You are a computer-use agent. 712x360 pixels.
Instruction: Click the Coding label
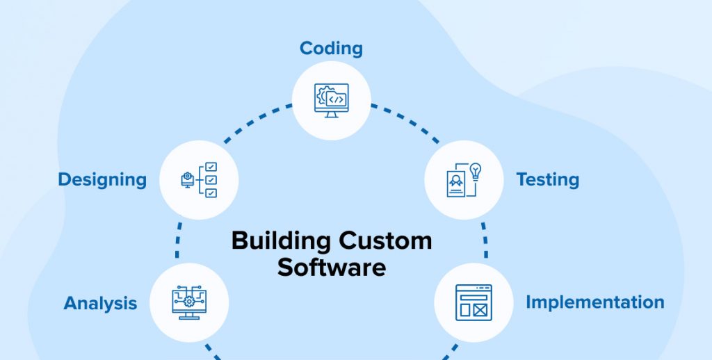pos(331,49)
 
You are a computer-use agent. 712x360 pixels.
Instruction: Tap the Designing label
pos(102,180)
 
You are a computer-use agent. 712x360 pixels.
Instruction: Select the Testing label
pos(547,180)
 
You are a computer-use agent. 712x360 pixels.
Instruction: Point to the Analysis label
pos(100,303)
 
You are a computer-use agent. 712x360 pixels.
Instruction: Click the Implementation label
pos(594,302)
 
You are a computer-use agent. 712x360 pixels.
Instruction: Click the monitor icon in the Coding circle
pos(332,100)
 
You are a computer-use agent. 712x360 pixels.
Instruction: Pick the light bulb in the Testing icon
pos(476,171)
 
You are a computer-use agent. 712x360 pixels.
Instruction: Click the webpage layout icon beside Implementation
pos(474,302)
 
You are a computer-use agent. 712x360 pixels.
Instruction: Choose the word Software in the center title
pos(331,267)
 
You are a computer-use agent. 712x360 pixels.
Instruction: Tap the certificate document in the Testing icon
pos(456,183)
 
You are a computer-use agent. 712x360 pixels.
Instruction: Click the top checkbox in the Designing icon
pos(211,167)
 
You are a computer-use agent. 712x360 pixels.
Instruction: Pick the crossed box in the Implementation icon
pos(479,310)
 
